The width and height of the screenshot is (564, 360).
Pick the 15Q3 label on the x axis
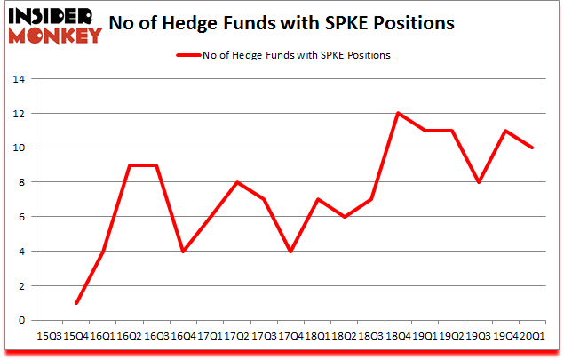click(x=49, y=336)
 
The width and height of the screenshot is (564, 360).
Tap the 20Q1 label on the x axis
click(x=532, y=336)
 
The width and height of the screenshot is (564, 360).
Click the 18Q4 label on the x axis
click(x=398, y=336)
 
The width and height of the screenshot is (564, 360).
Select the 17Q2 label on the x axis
click(x=237, y=336)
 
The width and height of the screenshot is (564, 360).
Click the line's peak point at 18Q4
click(x=398, y=113)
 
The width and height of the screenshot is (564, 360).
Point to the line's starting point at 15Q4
click(x=75, y=303)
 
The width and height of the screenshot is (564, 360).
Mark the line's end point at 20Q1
click(x=532, y=148)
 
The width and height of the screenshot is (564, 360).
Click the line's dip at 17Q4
click(x=290, y=252)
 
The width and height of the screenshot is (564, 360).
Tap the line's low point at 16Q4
click(x=183, y=252)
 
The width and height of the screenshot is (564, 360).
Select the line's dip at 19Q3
click(x=479, y=182)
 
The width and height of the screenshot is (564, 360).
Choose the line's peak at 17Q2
click(x=237, y=182)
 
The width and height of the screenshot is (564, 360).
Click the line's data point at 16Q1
click(x=103, y=252)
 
